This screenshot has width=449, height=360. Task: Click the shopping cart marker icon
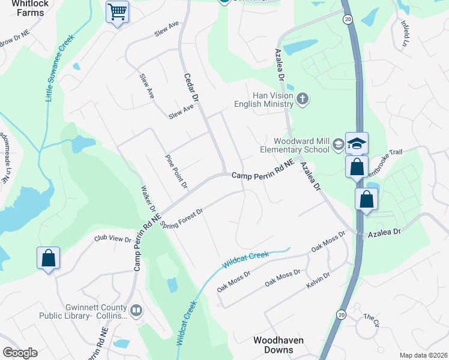pyautogui.click(x=117, y=12)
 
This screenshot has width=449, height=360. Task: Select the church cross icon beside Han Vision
pyautogui.click(x=303, y=98)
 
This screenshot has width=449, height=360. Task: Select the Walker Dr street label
pyautogui.click(x=148, y=202)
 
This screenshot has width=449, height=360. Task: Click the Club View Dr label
pyautogui.click(x=112, y=239)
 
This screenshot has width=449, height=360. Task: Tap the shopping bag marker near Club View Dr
pyautogui.click(x=49, y=259)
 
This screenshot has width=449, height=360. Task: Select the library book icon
pyautogui.click(x=136, y=310)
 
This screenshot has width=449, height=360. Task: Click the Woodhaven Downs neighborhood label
pyautogui.click(x=278, y=345)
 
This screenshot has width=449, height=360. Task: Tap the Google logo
pyautogui.click(x=20, y=353)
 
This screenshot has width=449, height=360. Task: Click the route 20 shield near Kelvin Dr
pyautogui.click(x=341, y=314)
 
